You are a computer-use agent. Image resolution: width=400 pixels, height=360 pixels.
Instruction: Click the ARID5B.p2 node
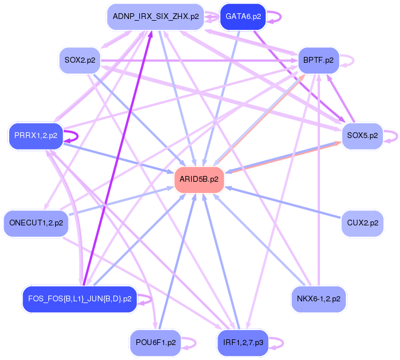click(199, 179)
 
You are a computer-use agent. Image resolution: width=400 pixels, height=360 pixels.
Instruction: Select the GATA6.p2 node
click(243, 16)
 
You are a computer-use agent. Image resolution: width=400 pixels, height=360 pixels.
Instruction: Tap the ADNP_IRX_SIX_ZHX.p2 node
click(155, 16)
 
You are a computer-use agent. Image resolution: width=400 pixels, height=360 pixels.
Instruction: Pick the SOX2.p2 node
click(80, 60)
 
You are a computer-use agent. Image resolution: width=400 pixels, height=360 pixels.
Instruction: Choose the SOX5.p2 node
click(362, 136)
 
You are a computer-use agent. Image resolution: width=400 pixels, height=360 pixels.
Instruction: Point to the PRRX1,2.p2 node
click(36, 136)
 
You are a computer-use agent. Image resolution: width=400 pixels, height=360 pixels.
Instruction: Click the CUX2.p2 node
click(362, 223)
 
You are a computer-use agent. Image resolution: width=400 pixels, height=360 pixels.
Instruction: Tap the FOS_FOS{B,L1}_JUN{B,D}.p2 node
click(80, 299)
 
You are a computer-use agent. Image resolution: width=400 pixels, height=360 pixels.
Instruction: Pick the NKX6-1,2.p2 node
click(318, 299)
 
